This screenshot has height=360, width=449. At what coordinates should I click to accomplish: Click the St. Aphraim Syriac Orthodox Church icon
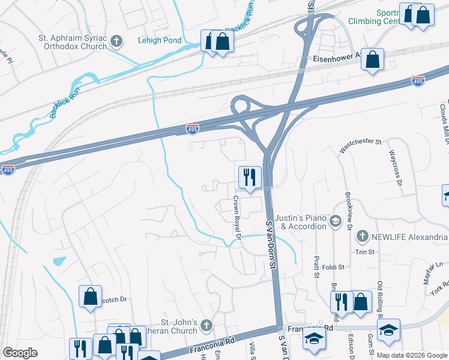pos(116,42)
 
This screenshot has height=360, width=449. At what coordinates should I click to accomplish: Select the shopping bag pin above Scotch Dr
pos(90,296)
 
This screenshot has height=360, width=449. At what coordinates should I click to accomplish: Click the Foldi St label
pos(333,267)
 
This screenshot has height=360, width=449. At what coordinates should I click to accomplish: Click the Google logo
pos(20,353)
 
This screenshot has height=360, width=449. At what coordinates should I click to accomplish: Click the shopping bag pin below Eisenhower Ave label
pos(373,61)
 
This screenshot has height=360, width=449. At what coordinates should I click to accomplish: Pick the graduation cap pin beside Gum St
pos(388,330)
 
